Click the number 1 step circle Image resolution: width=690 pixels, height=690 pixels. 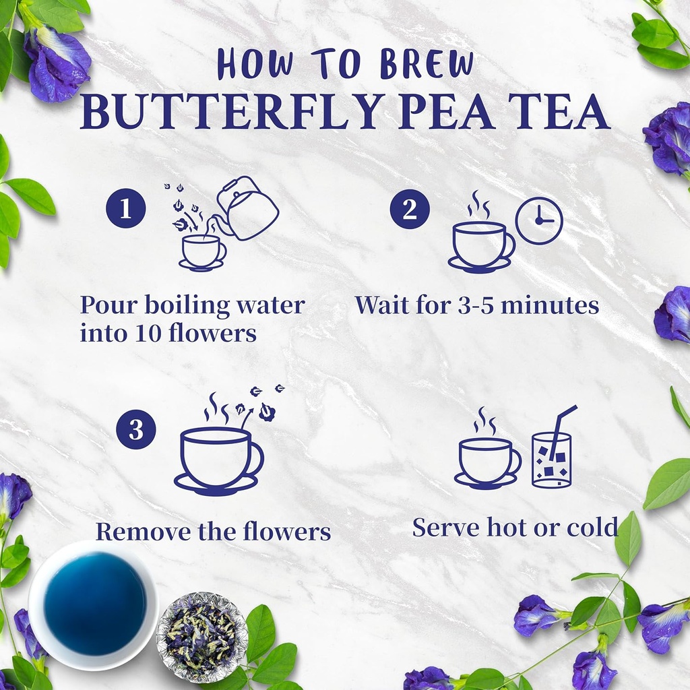[126, 208]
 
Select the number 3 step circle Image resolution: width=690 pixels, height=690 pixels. [135, 429]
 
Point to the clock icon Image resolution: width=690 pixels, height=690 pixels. [539, 220]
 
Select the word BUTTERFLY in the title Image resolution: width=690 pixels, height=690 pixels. [225, 113]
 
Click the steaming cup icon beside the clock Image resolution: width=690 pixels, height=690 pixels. [480, 245]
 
